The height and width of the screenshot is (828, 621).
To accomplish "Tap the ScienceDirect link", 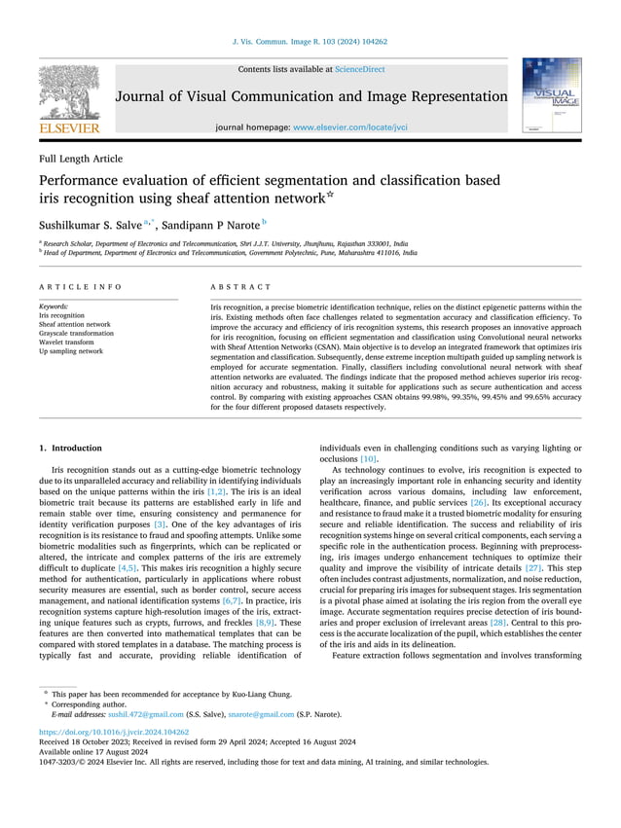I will (359, 69).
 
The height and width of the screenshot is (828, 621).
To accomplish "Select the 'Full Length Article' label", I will (81, 159).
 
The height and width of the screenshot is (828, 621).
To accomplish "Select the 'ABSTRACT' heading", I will (241, 287).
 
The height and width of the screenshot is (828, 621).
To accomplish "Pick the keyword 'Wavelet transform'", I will (65, 342).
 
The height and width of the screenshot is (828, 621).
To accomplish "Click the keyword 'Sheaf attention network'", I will (74, 324).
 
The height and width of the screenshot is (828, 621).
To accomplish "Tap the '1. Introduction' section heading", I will (70, 448).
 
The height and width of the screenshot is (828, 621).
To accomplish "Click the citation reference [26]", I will (479, 503).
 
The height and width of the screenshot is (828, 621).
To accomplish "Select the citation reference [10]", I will (369, 458).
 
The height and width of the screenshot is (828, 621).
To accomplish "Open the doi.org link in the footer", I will (113, 731).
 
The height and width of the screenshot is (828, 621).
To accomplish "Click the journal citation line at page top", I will (310, 42).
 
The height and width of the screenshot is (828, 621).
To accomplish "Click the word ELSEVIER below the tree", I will (69, 128).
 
